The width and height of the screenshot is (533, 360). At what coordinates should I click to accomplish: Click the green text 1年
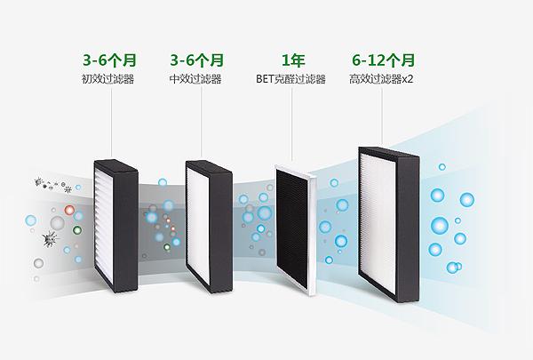pos(293,60)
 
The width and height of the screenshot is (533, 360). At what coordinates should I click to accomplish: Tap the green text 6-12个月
pos(383,60)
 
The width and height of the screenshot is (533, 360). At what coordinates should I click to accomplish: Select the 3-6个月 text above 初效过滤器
pos(109,60)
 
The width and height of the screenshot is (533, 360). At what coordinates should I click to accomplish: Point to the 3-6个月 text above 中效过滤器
pos(197,60)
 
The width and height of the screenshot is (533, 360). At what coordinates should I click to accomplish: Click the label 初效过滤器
pos(107,79)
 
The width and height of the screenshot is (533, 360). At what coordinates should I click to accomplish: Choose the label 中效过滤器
pos(195,79)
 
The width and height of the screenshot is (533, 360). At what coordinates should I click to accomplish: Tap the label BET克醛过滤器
pos(290,79)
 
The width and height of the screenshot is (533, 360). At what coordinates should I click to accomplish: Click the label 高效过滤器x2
pos(381,79)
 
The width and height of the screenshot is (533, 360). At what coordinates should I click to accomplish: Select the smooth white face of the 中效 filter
pos(198,225)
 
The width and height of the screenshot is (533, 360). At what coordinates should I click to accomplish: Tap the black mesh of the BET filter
pos(292,228)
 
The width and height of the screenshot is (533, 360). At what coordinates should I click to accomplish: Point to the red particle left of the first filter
pos(69,210)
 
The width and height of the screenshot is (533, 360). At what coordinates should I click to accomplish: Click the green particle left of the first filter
pos(77,230)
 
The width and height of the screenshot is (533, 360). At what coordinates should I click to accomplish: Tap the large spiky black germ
pos(51,238)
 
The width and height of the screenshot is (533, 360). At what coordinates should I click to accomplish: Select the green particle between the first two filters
pos(167,247)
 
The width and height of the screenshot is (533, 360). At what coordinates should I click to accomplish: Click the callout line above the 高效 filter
pos(381,116)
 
